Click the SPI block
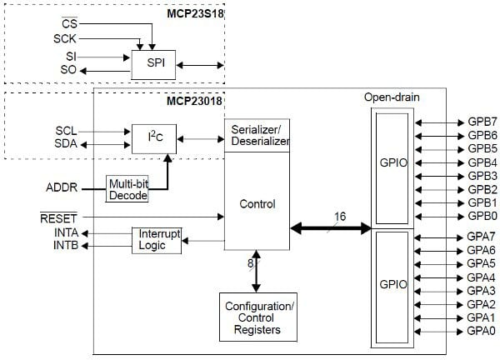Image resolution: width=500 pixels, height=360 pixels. point(154,63)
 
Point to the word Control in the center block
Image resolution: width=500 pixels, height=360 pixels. point(257,203)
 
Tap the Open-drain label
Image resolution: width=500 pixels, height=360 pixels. point(390,97)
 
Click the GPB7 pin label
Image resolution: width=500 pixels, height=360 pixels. point(482,121)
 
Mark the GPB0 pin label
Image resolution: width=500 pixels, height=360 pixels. point(482,216)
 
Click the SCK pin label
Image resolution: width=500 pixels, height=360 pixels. point(66,39)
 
